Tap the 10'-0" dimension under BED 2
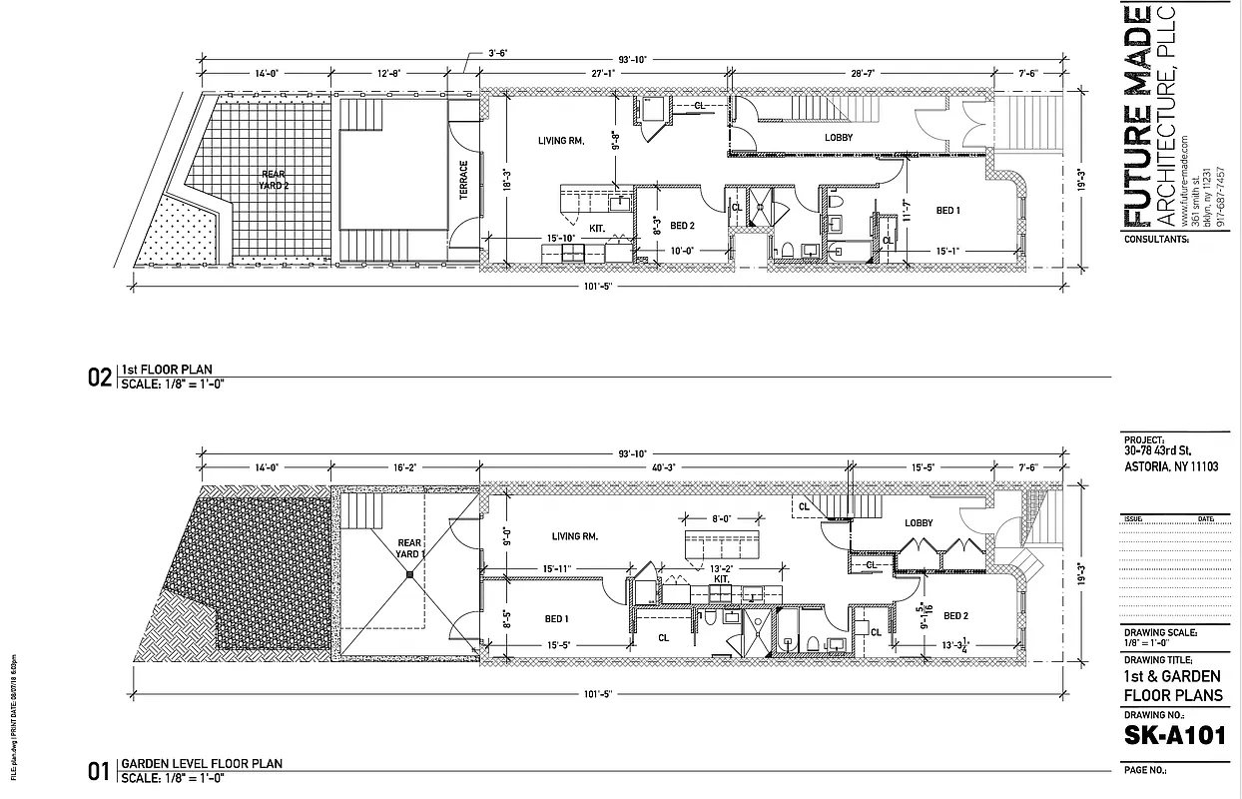tap(682, 251)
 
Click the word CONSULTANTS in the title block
tap(1156, 240)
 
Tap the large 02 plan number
tap(100, 378)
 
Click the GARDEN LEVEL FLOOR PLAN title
tap(201, 764)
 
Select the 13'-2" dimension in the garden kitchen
tap(721, 568)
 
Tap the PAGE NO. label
tap(1145, 771)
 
